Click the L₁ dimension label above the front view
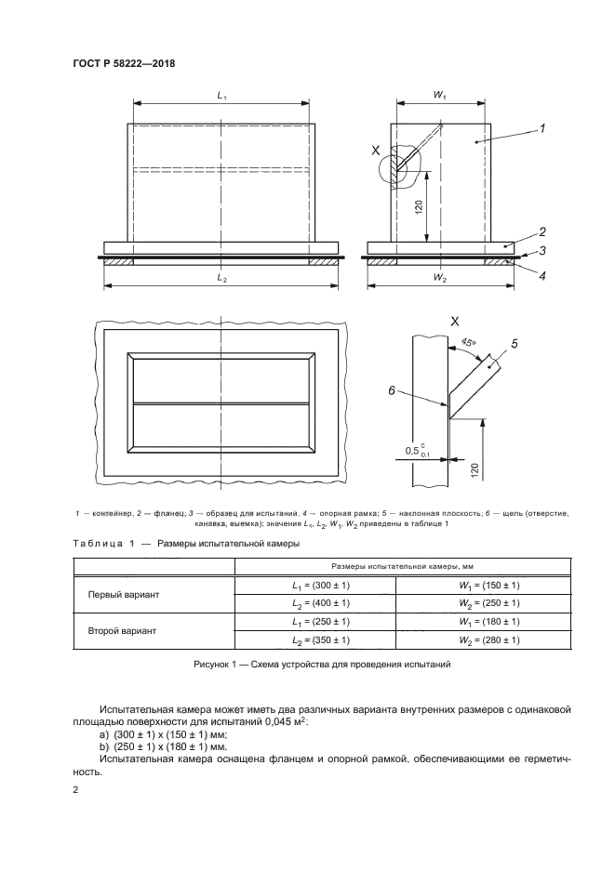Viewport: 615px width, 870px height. pos(221,96)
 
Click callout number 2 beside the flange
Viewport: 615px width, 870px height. pos(541,231)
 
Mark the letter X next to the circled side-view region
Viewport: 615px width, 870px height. pos(376,150)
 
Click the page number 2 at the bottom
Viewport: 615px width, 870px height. pos(75,789)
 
